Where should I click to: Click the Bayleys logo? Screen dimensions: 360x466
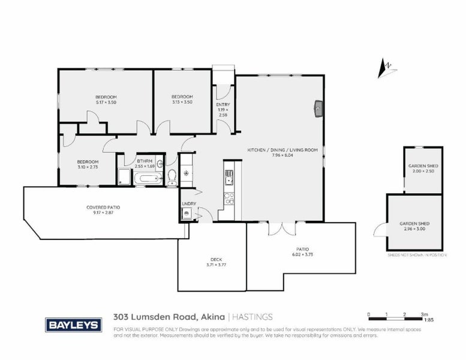pyautogui.click(x=73, y=325)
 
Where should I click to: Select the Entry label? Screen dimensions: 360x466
pyautogui.click(x=223, y=109)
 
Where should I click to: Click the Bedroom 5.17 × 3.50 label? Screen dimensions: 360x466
pyautogui.click(x=106, y=100)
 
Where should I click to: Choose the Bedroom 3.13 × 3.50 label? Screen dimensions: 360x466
pyautogui.click(x=182, y=100)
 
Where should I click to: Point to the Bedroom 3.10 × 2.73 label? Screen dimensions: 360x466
pyautogui.click(x=88, y=164)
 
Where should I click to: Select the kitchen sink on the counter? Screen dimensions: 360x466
pyautogui.click(x=229, y=178)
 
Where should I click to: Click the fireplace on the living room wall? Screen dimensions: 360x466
pyautogui.click(x=318, y=108)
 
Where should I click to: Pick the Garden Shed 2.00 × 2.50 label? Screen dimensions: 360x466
pyautogui.click(x=422, y=169)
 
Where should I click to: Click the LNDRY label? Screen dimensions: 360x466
pyautogui.click(x=188, y=204)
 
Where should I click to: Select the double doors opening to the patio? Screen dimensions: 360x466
pyautogui.click(x=281, y=229)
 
